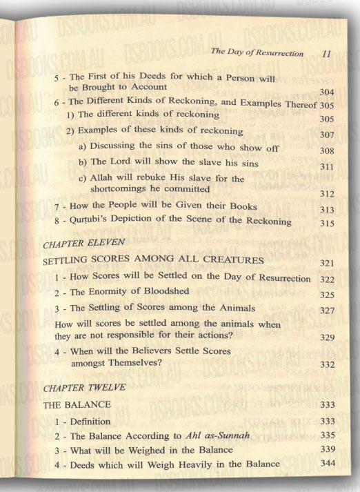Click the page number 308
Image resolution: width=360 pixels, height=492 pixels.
(327, 150)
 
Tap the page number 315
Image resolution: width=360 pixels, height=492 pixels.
(327, 224)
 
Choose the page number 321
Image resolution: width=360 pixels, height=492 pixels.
(327, 264)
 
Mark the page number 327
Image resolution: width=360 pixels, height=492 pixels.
(327, 311)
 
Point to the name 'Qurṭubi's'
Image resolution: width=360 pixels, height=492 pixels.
(97, 222)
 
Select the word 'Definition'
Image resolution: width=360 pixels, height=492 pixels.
(97, 421)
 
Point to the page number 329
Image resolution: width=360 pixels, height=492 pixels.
(327, 338)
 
